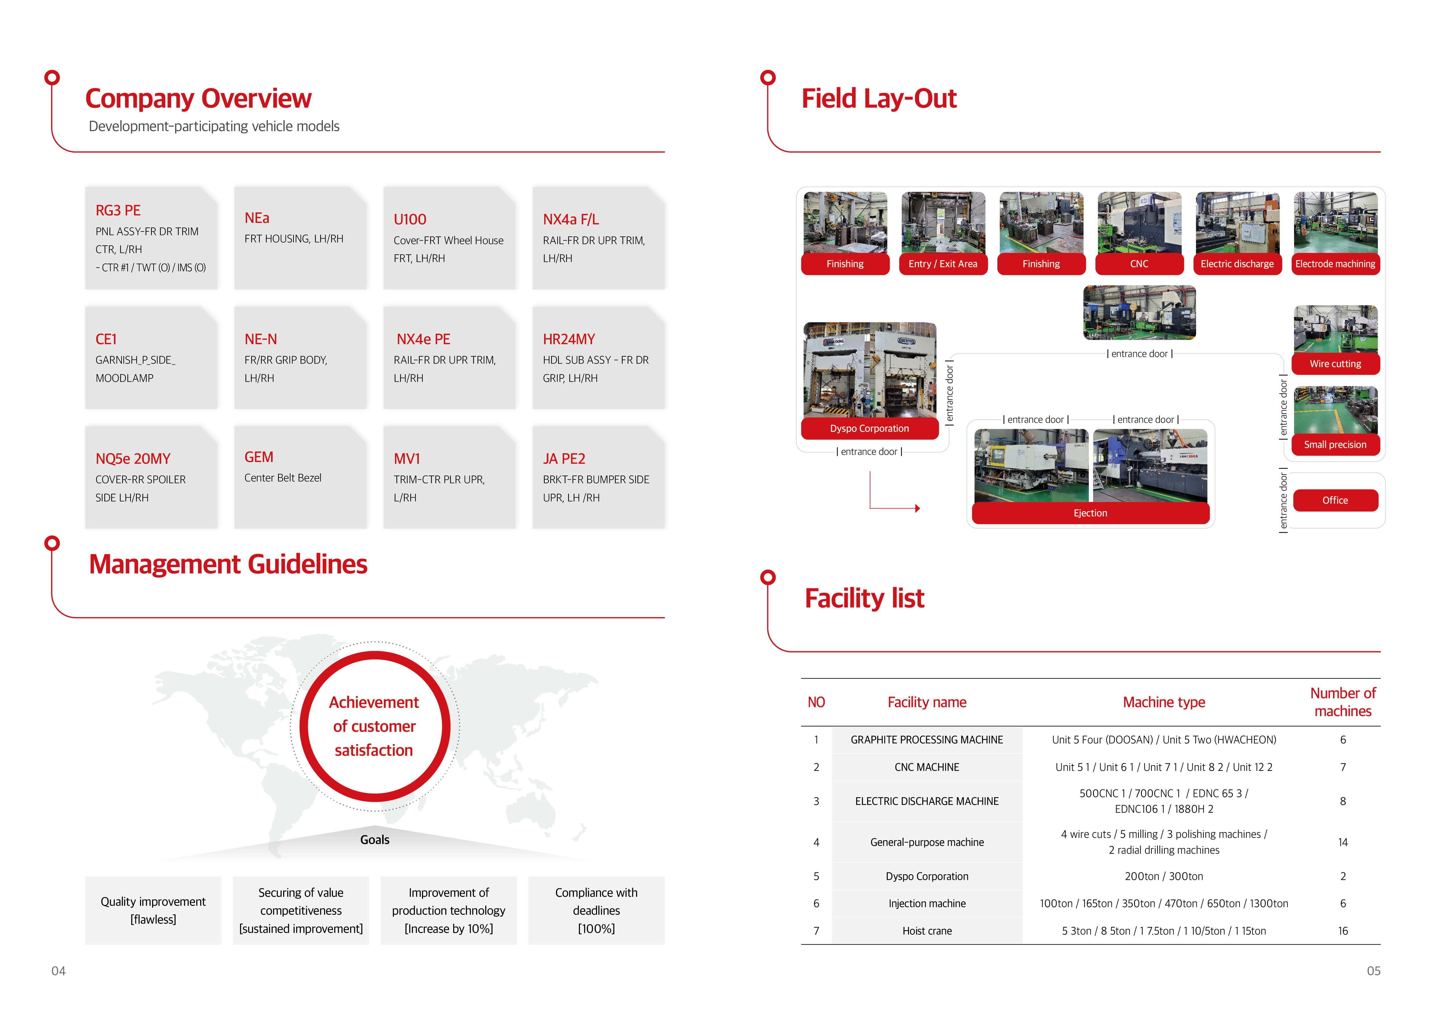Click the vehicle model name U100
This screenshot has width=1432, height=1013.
410,219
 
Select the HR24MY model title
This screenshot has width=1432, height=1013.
569,339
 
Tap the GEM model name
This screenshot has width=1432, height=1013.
259,457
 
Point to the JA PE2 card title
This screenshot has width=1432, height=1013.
564,459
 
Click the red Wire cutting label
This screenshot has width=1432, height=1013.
1335,364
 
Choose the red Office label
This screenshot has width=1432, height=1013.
1335,500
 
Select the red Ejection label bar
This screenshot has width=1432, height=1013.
1090,513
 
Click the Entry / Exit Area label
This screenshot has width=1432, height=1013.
943,264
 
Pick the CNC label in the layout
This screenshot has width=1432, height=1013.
1139,264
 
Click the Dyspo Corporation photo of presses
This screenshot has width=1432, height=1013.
869,370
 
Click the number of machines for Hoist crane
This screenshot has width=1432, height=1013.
1343,931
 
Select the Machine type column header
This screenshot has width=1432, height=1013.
1164,702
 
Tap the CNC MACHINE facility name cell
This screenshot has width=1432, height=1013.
927,767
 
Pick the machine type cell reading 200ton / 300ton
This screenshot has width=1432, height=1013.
1164,876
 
